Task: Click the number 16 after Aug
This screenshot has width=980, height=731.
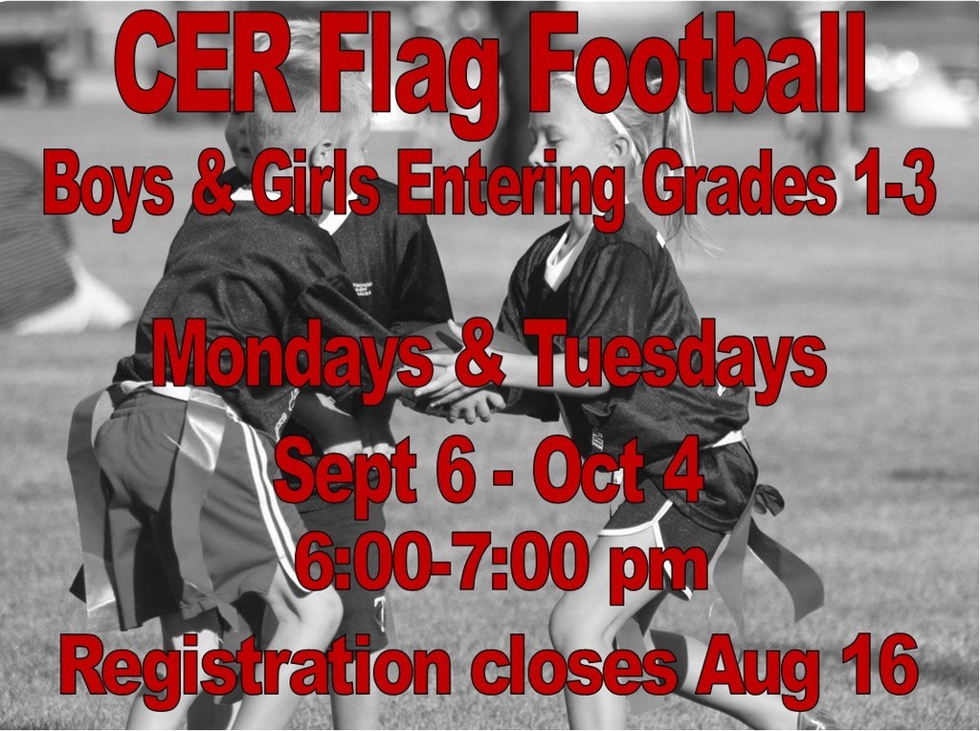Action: (878, 664)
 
